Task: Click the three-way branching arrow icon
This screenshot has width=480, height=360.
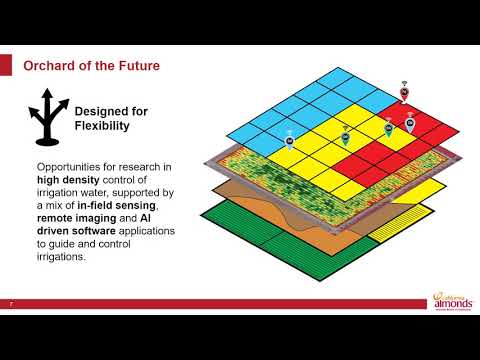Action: [x=46, y=118]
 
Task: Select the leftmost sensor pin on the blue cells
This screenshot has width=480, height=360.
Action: [x=289, y=140]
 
